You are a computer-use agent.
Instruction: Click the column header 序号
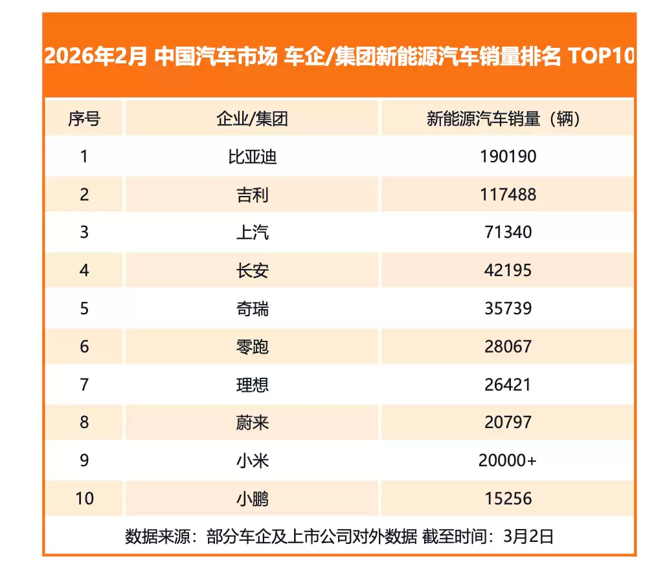(84, 119)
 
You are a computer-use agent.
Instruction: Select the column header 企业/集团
(252, 119)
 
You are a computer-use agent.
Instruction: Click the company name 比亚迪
(252, 157)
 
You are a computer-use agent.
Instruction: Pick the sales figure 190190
(508, 157)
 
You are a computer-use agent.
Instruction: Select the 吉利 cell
(252, 195)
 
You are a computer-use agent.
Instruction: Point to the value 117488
(508, 195)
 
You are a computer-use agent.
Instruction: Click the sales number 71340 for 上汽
(508, 232)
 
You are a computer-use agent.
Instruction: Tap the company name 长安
(252, 270)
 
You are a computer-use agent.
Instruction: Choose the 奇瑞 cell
(252, 308)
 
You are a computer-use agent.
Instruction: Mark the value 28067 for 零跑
(508, 347)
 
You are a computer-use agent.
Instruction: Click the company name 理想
(252, 385)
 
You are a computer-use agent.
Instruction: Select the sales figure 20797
(508, 422)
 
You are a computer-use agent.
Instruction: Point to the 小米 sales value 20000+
(508, 460)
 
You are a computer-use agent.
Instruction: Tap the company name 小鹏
(252, 499)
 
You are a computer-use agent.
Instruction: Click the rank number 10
(84, 499)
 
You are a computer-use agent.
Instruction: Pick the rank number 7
(84, 385)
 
